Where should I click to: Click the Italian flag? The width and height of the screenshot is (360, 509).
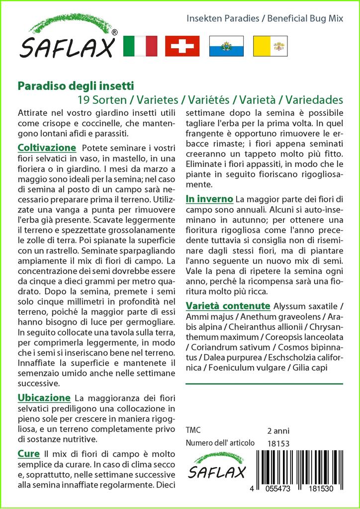pyautogui.click(x=139, y=46)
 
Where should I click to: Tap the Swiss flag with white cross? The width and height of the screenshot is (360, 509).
pyautogui.click(x=182, y=46)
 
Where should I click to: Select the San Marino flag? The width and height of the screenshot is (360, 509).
pyautogui.click(x=226, y=46)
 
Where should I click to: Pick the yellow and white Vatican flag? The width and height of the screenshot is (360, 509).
pyautogui.click(x=270, y=46)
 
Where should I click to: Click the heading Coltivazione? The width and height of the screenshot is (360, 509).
pyautogui.click(x=47, y=148)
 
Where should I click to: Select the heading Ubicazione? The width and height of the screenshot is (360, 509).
pyautogui.click(x=44, y=398)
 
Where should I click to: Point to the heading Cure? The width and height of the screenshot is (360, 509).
pyautogui.click(x=28, y=454)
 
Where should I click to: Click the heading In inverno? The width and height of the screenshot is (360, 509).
pyautogui.click(x=209, y=199)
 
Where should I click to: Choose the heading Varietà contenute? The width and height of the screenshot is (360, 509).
pyautogui.click(x=228, y=306)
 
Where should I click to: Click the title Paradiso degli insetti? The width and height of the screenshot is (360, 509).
pyautogui.click(x=76, y=86)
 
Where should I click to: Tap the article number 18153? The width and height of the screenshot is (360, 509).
pyautogui.click(x=278, y=443)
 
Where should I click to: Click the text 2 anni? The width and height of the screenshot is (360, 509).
pyautogui.click(x=278, y=430)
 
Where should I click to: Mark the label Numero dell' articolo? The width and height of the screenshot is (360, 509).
pyautogui.click(x=220, y=443)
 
